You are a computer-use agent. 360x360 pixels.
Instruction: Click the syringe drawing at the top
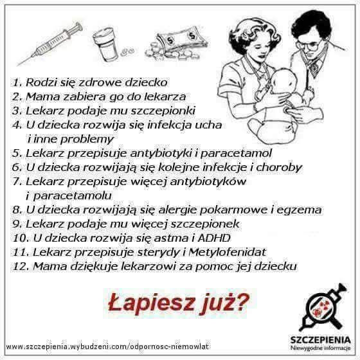(x=50, y=44)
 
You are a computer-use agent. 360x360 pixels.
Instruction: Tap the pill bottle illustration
(x=105, y=44)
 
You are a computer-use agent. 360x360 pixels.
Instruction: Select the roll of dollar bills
(x=181, y=39)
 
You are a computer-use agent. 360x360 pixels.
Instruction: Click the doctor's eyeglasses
(x=309, y=45)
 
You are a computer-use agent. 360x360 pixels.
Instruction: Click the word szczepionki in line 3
(x=163, y=111)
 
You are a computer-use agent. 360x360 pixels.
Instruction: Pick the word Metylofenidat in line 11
(x=228, y=252)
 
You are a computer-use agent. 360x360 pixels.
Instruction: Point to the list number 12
(x=21, y=266)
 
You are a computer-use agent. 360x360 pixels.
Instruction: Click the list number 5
(x=17, y=154)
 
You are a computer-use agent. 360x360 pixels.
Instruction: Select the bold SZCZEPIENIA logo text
(x=321, y=339)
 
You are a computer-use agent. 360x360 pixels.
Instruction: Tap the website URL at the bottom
(x=107, y=346)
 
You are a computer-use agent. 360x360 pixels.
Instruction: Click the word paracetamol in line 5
(x=236, y=154)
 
